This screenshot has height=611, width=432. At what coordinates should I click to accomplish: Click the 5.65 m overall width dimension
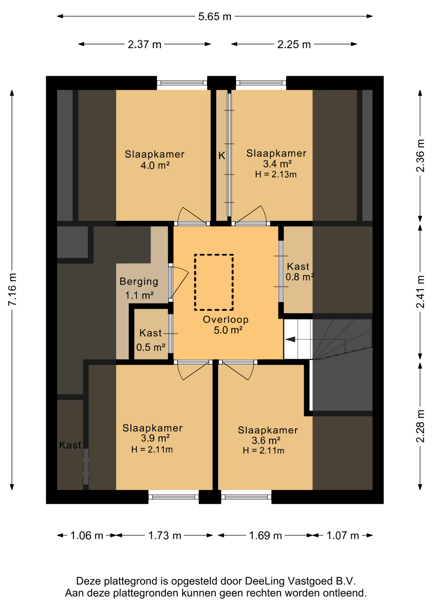point(215,16)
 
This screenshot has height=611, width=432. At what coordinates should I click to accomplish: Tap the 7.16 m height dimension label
point(12,289)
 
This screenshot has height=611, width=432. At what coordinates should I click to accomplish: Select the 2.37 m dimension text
point(144,44)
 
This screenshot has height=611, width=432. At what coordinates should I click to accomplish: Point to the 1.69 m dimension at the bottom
point(265,536)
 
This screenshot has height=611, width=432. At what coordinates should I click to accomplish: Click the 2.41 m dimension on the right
point(420,292)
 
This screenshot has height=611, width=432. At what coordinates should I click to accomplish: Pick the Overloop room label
point(226,319)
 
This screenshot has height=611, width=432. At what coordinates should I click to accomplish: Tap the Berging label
point(139,281)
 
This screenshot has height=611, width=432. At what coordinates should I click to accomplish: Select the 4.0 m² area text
point(155,165)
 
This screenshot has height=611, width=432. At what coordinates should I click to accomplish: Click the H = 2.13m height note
point(276,174)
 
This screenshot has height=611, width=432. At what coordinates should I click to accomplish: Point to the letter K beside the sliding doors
point(222,156)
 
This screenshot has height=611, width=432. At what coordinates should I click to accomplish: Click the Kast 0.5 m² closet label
point(151,340)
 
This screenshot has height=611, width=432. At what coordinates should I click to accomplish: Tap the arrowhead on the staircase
point(290,340)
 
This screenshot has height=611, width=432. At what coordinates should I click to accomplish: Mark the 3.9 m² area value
point(155,438)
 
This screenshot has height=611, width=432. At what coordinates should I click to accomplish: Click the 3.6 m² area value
point(266,440)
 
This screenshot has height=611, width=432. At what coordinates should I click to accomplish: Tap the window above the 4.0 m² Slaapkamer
point(182,83)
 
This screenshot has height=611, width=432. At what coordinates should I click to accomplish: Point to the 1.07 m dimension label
point(343,536)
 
